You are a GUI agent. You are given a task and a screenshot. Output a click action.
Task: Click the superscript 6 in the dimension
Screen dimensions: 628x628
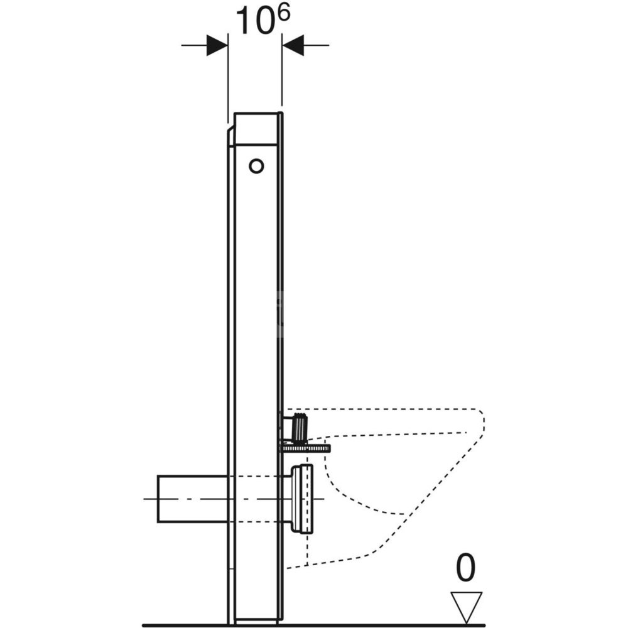tap(283, 15)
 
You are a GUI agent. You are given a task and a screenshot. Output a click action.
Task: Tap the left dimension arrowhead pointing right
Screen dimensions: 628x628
tap(217, 45)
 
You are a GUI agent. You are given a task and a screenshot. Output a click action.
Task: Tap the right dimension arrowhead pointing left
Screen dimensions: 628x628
tap(293, 45)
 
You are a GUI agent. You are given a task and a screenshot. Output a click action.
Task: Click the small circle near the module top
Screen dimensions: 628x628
tap(256, 166)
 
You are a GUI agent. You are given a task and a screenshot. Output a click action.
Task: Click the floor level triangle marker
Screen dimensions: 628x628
tap(467, 607)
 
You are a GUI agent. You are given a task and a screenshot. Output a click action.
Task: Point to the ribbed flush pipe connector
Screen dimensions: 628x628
tap(300, 427)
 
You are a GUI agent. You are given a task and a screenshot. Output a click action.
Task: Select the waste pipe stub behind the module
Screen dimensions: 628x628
tap(192, 499)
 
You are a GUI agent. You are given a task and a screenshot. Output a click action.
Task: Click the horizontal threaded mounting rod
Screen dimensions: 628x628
tap(306, 448)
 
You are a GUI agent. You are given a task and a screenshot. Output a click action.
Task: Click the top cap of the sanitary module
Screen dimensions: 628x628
tap(256, 128)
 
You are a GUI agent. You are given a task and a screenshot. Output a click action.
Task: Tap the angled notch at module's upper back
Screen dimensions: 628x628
tap(230, 136)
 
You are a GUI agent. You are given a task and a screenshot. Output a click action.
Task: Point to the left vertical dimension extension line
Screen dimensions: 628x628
tap(228, 78)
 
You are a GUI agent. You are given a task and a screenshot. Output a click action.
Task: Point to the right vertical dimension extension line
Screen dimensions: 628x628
tap(282, 70)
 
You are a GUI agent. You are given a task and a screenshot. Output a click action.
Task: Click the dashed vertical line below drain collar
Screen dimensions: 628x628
tap(307, 549)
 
